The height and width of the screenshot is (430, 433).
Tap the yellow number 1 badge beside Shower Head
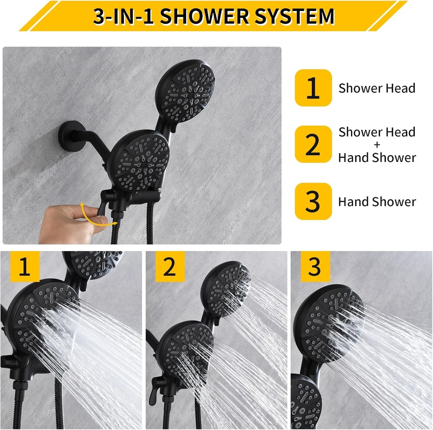tap(313, 88)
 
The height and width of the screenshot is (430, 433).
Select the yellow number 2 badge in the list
tap(313, 144)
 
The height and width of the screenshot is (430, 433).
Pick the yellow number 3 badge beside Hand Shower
tap(313, 201)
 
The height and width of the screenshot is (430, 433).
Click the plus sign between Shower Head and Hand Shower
tap(377, 145)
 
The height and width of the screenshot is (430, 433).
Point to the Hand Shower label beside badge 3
tap(377, 202)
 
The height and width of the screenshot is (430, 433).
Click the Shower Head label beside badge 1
tap(377, 88)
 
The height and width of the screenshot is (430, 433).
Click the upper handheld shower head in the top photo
tap(185, 91)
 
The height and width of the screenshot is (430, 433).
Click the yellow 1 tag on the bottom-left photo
tap(24, 267)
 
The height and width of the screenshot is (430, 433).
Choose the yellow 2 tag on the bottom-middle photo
tap(170, 267)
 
